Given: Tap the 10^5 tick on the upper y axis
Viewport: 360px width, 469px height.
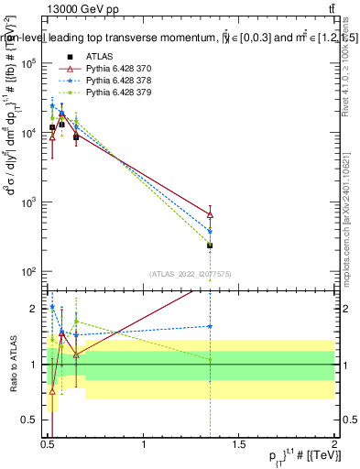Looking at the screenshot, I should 32,63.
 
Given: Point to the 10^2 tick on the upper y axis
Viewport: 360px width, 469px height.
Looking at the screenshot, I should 32,272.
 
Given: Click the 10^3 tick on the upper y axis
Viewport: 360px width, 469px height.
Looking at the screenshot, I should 32,202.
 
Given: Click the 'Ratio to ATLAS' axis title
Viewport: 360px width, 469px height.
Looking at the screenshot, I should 11,365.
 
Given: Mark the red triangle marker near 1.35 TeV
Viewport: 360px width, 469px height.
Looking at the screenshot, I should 211,214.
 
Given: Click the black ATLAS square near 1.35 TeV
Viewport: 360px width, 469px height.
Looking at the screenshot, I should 211,245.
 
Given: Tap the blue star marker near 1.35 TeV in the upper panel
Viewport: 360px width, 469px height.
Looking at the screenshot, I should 211,232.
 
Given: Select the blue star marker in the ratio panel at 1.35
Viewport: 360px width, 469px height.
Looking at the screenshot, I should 211,326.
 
